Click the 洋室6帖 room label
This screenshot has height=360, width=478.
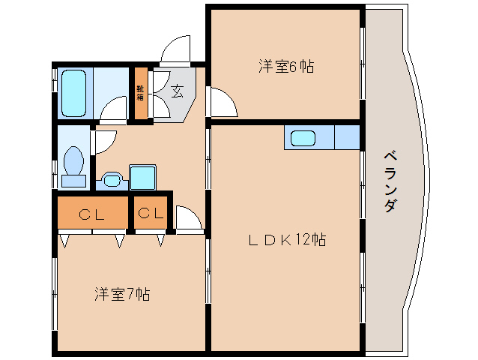[x=285, y=67]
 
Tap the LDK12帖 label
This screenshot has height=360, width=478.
[x=287, y=240]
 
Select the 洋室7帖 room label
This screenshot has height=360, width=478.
[x=122, y=294]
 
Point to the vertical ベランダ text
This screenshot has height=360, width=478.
[x=390, y=181]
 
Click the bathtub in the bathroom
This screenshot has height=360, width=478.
[x=73, y=93]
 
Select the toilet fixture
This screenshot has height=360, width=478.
[x=73, y=163]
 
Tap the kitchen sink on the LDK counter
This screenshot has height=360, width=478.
[x=303, y=138]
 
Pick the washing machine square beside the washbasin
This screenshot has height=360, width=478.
[x=142, y=177]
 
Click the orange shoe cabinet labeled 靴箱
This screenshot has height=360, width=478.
[x=141, y=94]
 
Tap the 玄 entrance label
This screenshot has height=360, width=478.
[x=177, y=91]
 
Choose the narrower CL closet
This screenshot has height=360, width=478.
[x=150, y=214]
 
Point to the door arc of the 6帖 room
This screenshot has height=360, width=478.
[x=223, y=103]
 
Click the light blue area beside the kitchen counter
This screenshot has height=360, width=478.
[x=347, y=138]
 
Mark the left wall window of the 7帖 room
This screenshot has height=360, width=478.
[x=55, y=292]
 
